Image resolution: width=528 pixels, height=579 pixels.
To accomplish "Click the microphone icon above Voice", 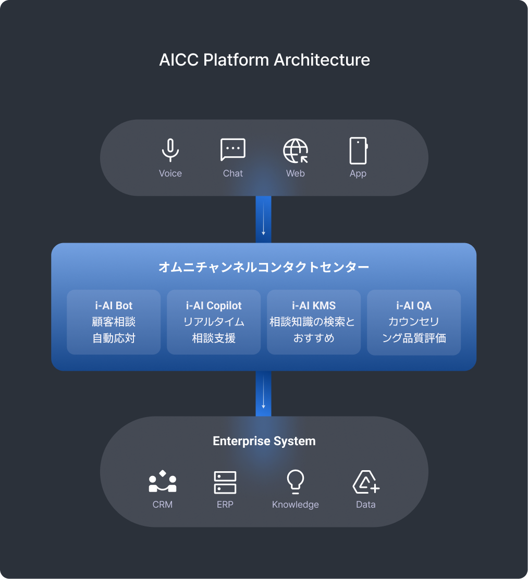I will click(170, 150).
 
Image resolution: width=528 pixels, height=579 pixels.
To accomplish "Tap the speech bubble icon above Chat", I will click(233, 149).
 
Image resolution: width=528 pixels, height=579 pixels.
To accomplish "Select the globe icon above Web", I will click(296, 150).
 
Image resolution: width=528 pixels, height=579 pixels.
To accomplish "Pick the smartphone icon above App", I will click(358, 150).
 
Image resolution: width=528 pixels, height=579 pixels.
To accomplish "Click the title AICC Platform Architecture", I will click(264, 60).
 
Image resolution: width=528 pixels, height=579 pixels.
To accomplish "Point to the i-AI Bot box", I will click(114, 322).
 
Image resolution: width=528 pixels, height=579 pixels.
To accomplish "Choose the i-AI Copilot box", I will click(214, 322).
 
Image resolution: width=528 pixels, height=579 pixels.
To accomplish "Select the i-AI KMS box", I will click(314, 322).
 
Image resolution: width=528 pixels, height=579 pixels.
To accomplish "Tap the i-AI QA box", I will click(414, 322).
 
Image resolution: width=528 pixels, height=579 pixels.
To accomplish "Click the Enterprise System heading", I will click(264, 441).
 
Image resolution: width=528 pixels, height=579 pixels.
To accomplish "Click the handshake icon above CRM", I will click(163, 482).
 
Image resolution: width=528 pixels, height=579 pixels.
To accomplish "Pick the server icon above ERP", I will click(225, 482).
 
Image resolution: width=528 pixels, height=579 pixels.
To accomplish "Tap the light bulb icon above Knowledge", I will click(296, 482).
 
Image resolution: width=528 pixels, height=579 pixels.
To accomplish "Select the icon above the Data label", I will click(366, 482).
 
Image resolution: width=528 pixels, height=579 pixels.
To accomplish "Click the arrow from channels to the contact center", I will click(264, 219).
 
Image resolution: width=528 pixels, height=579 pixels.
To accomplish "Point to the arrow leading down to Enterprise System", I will click(264, 393).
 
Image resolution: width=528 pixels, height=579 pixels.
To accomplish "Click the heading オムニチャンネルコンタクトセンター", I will click(264, 267).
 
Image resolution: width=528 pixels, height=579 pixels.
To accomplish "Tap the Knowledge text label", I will click(296, 505).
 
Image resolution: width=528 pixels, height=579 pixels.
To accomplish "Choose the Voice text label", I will click(170, 173).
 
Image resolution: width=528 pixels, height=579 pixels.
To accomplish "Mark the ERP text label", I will click(225, 505).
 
